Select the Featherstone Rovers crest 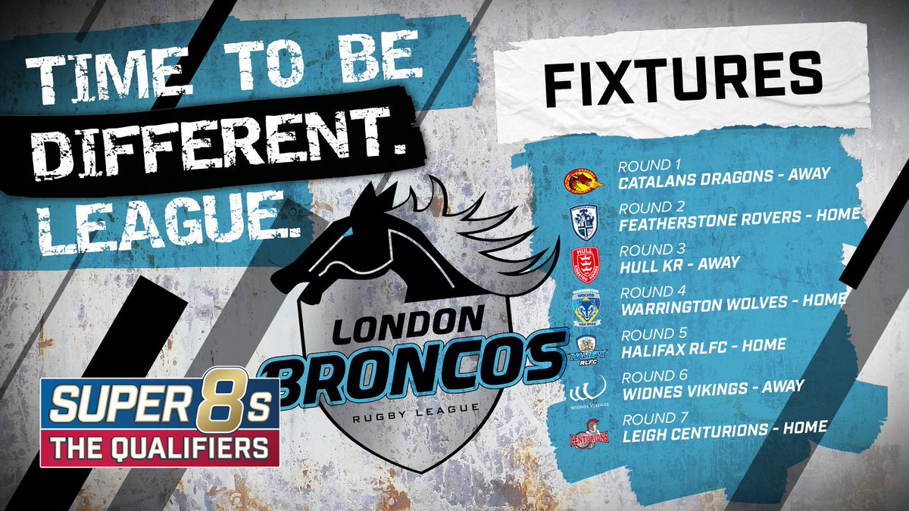click(584, 221)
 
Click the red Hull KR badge click(585, 263)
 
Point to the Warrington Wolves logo click(585, 307)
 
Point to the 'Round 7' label click(646, 419)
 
